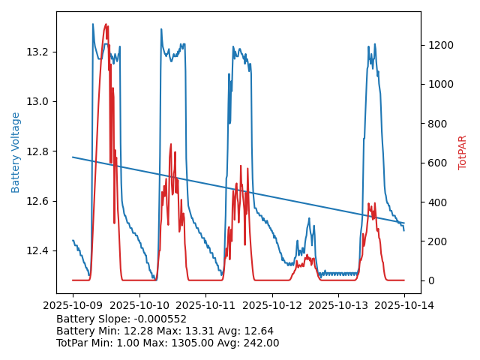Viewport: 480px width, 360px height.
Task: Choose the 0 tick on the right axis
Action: click(x=429, y=280)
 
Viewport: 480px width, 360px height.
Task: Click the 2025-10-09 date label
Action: click(x=73, y=305)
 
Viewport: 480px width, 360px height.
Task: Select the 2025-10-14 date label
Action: click(x=404, y=305)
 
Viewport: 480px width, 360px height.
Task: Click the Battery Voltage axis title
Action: click(x=16, y=152)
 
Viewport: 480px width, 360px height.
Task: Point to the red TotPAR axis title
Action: click(x=463, y=152)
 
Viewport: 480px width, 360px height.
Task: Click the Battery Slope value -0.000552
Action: click(x=160, y=319)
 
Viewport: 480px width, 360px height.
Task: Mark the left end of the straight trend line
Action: click(x=73, y=157)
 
